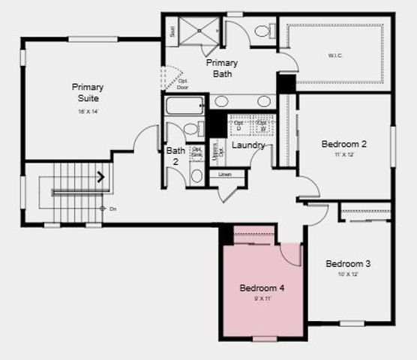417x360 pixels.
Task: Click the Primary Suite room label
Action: [87, 92]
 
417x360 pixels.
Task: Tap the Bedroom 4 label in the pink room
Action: [262, 288]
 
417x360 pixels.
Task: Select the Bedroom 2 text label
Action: [343, 144]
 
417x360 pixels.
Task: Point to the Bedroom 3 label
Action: [347, 264]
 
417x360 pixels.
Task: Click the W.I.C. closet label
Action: [335, 55]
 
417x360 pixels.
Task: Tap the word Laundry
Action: [247, 145]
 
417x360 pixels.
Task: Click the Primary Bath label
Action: [223, 67]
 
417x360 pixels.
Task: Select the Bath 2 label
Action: [175, 155]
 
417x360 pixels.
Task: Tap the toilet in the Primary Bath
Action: [262, 32]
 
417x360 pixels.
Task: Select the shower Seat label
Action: [172, 31]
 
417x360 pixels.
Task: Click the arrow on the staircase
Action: [100, 178]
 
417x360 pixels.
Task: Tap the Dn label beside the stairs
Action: [113, 208]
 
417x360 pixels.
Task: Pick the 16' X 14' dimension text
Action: [87, 111]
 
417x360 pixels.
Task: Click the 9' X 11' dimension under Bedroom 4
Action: [262, 298]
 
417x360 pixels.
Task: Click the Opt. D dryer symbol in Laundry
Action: [238, 125]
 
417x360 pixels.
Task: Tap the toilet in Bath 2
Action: [196, 175]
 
